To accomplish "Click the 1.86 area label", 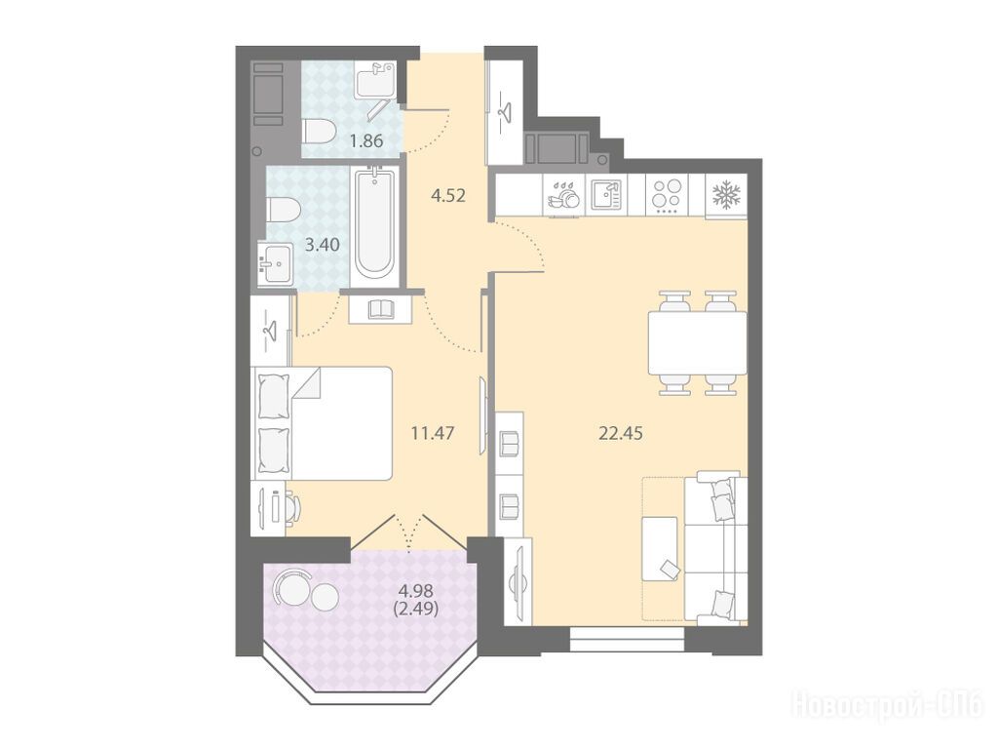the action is click(366, 140).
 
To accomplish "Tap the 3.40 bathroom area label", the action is click(322, 245).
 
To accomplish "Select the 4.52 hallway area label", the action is click(448, 195).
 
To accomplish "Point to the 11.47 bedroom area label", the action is click(433, 434).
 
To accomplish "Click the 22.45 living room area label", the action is click(621, 434).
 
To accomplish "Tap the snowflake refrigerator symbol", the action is click(725, 194).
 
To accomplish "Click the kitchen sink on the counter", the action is click(606, 194).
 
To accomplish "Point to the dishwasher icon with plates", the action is click(563, 194).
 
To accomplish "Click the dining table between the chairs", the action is click(698, 343).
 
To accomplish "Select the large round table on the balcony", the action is click(291, 587).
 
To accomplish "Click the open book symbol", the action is click(382, 309).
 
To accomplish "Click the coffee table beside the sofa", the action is click(660, 548).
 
